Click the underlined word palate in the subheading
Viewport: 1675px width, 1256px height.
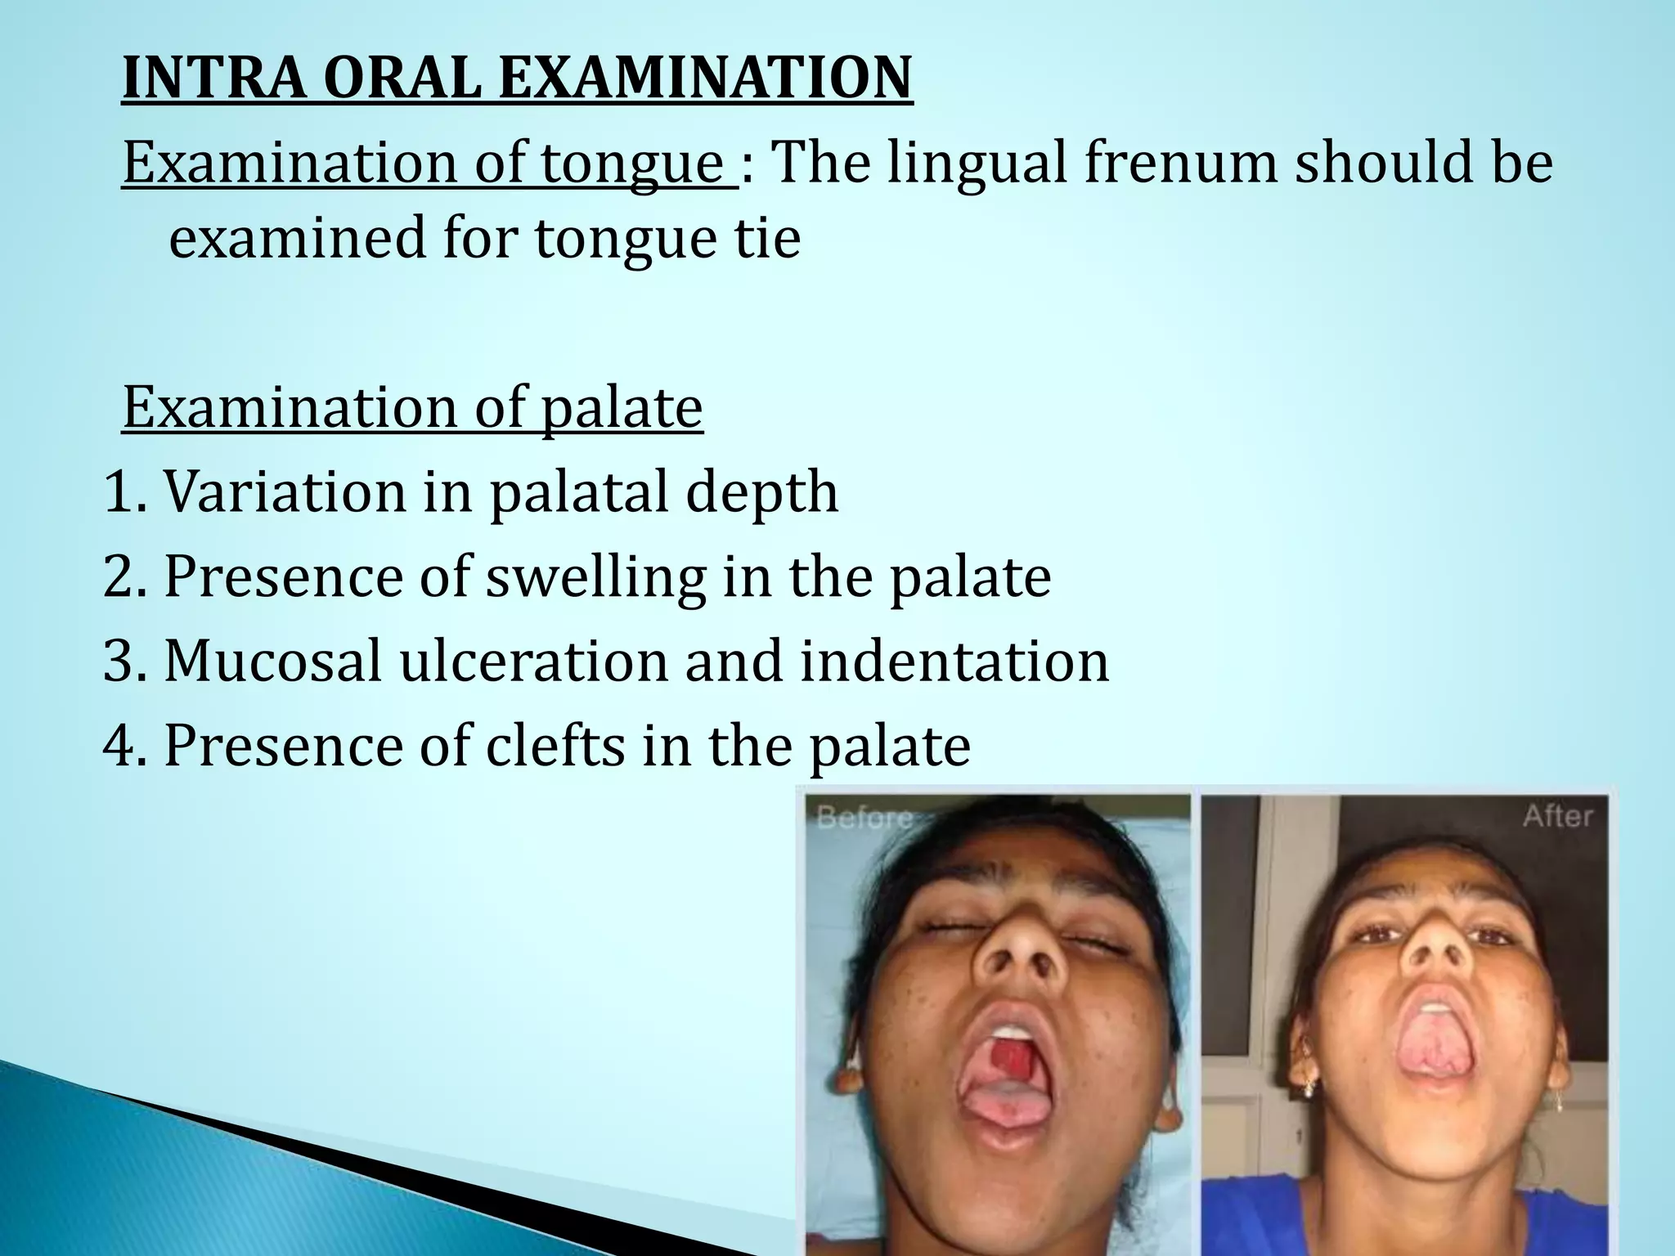622,410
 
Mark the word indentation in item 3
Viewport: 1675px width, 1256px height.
954,661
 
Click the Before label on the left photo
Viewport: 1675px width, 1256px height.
865,818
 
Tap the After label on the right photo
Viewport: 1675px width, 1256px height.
1557,816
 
